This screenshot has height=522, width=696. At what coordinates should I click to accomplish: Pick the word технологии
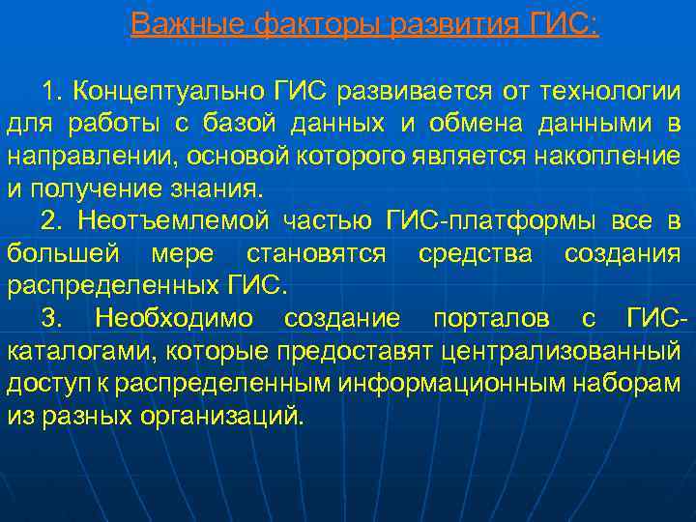(x=609, y=92)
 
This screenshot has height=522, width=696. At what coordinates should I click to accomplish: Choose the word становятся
(x=315, y=254)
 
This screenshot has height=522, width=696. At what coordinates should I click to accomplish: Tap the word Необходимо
(x=174, y=319)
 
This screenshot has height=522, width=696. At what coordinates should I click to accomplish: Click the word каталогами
(x=67, y=352)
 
